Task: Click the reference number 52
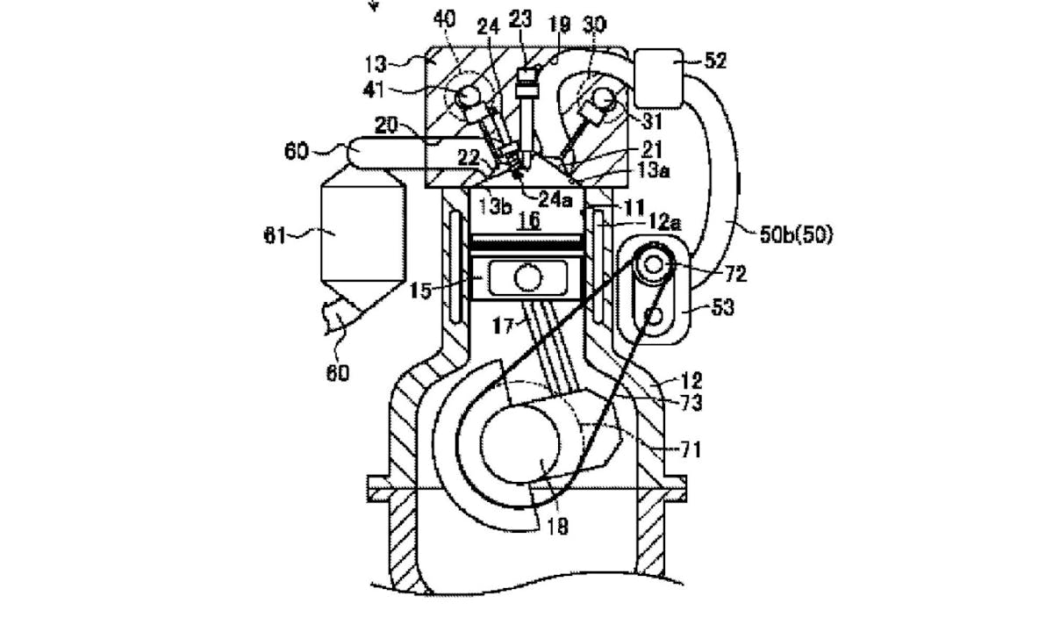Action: [714, 61]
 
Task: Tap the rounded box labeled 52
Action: [657, 69]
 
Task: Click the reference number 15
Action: [422, 290]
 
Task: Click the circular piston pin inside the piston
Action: [528, 279]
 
